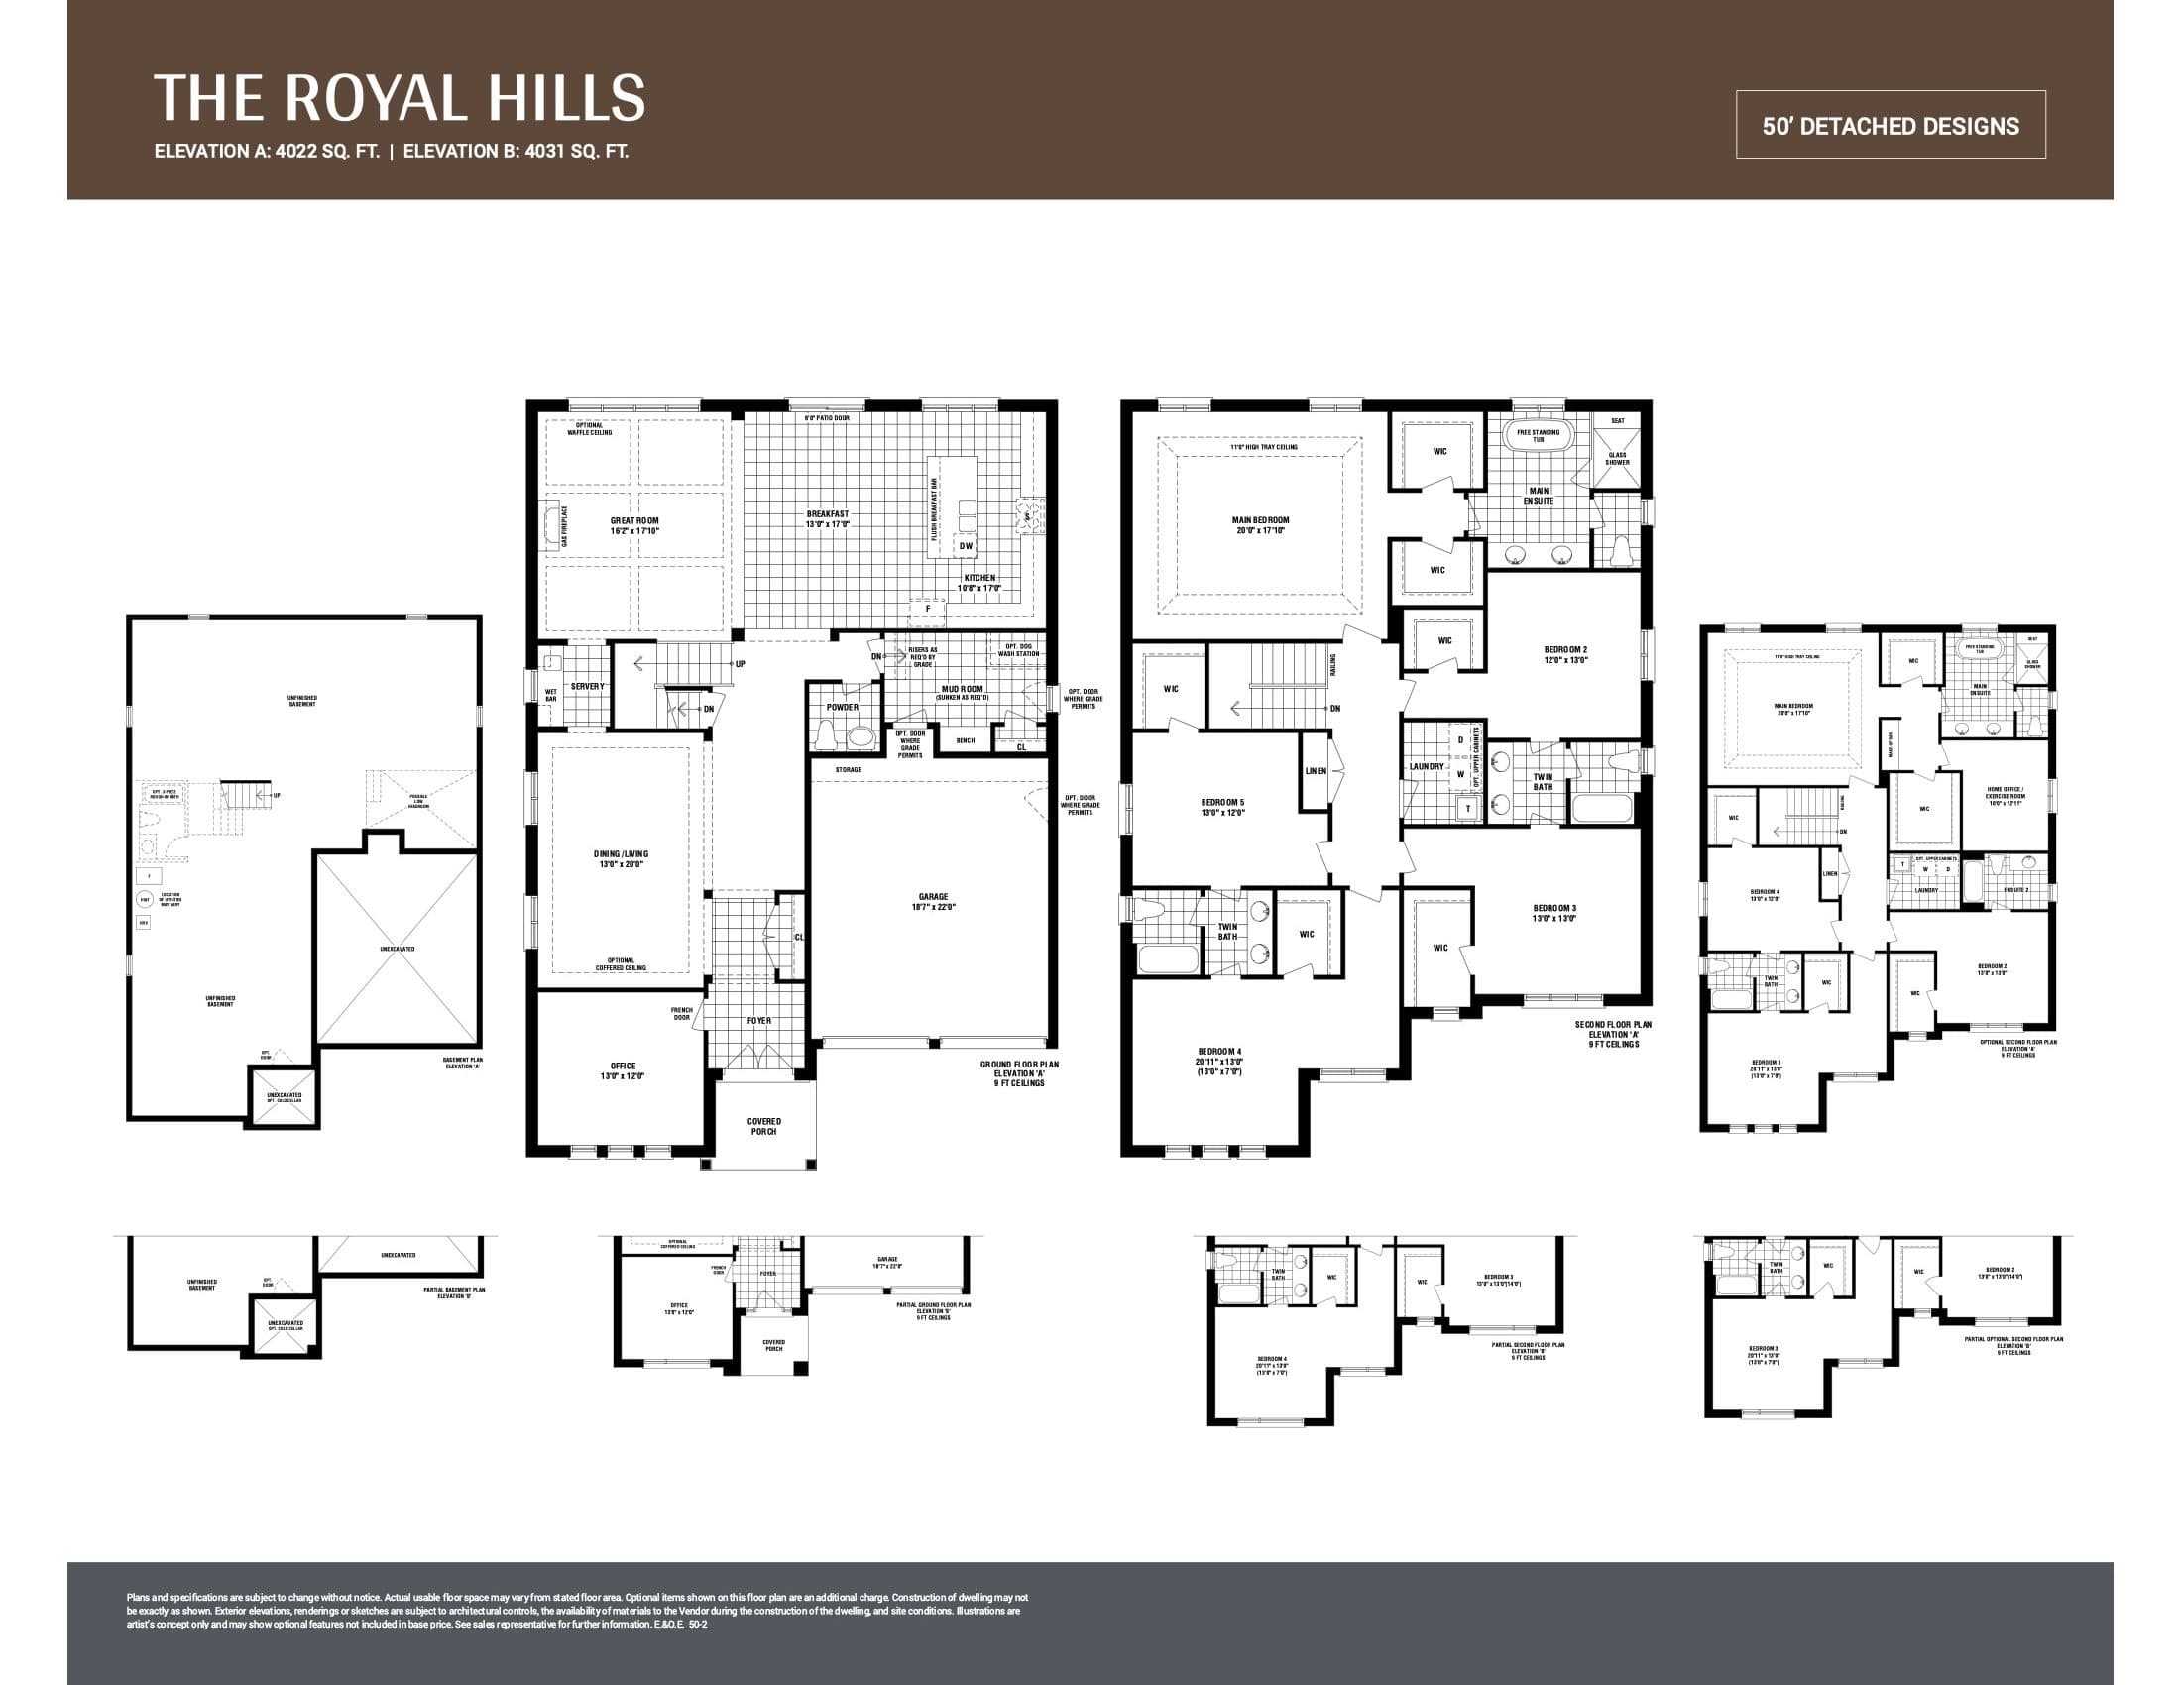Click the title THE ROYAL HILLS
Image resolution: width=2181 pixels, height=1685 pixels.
400,97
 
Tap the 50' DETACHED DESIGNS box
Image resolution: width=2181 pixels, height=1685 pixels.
1890,126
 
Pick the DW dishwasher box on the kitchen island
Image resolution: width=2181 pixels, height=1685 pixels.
966,546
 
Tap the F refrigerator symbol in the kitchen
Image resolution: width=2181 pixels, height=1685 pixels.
928,608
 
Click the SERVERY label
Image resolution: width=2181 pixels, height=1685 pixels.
587,687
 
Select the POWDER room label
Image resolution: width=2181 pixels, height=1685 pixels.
842,707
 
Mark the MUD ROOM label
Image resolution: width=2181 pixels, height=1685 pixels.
962,690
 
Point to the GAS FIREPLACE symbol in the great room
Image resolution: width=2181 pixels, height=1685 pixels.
552,526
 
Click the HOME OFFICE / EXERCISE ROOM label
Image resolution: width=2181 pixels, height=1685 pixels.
2006,797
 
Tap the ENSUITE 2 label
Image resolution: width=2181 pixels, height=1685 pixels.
2015,889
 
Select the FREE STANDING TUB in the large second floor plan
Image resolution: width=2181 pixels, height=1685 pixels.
1538,436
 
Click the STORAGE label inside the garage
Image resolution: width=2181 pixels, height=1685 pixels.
848,769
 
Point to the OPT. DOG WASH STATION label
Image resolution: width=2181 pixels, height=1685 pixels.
1017,651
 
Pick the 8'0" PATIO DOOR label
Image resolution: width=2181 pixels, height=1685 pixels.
827,418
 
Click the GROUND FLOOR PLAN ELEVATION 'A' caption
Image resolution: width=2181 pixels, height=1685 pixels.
1018,1073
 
